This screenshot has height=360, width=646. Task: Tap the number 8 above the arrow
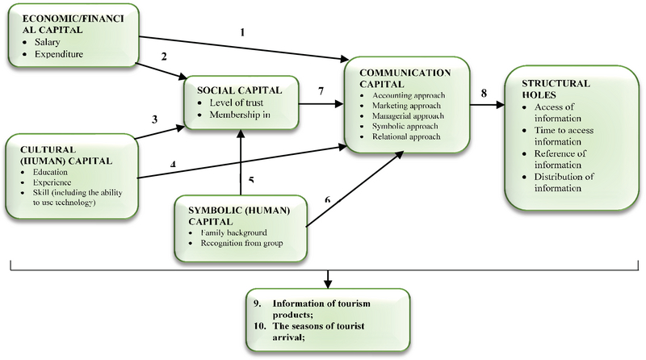[484, 94]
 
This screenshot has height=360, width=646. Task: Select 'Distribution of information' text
[556, 182]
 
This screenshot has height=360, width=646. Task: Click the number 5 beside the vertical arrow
[252, 179]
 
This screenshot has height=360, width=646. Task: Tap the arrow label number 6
[327, 200]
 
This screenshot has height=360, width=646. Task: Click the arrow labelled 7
[321, 103]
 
